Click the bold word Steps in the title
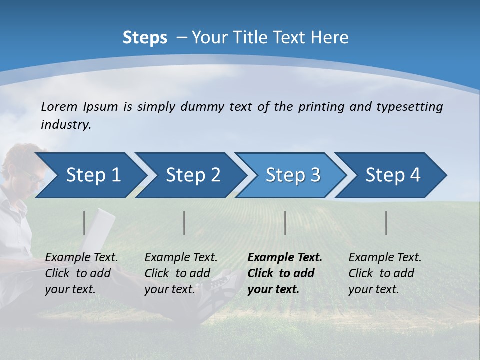[145, 38]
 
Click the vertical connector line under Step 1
[84, 223]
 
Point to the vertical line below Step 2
[184, 223]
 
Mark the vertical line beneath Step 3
[285, 223]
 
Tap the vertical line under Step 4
[386, 223]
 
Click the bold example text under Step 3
[285, 273]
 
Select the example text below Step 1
[81, 273]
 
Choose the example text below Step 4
[385, 273]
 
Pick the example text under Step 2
[181, 273]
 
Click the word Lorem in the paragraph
[59, 106]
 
